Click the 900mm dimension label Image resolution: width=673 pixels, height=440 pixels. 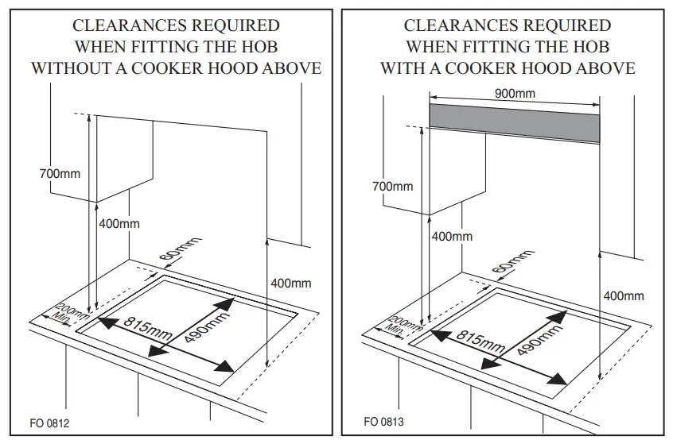click(x=515, y=93)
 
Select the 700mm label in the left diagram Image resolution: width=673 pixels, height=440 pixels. click(x=60, y=173)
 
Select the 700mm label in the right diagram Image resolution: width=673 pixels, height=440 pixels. click(x=393, y=186)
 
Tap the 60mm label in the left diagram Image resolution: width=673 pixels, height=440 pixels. click(x=178, y=252)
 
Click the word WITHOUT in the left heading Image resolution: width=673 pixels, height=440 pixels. click(x=73, y=68)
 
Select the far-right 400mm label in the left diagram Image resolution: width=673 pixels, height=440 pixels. click(x=290, y=283)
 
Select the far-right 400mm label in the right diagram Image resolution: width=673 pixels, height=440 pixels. click(x=623, y=295)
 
